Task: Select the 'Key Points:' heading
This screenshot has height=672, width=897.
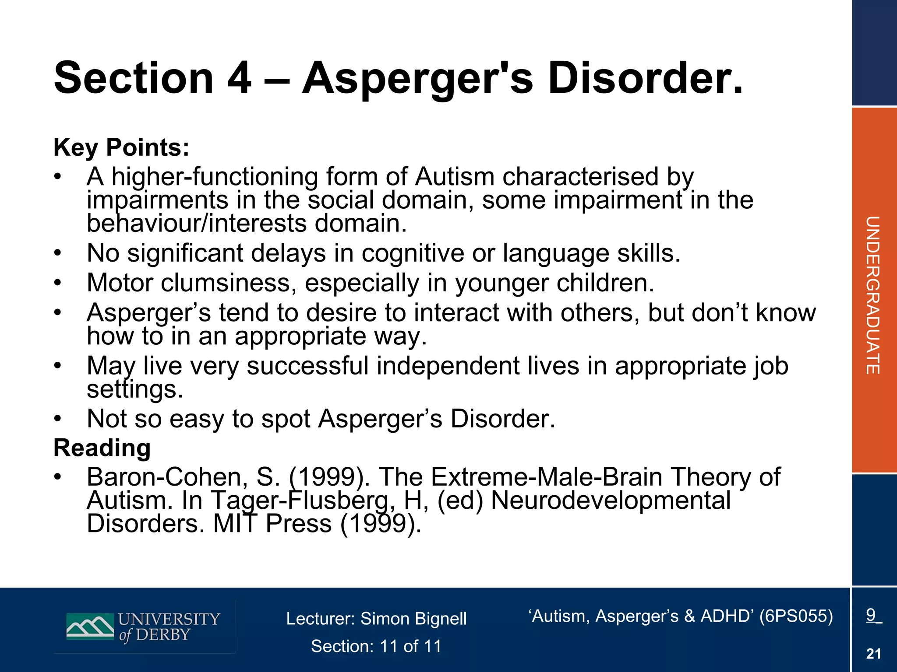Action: click(121, 147)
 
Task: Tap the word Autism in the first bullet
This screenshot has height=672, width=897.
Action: click(454, 177)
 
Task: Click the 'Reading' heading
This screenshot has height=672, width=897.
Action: click(102, 448)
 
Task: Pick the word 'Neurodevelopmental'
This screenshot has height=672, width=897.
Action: click(611, 500)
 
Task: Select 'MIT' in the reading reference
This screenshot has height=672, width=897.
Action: click(234, 524)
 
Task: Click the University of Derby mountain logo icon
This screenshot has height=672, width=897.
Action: click(90, 626)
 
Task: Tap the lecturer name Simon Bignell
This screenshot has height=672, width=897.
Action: click(413, 619)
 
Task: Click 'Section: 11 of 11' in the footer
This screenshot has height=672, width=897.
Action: click(376, 646)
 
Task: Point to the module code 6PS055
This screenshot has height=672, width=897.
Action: click(796, 616)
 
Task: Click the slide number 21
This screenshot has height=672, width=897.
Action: click(873, 654)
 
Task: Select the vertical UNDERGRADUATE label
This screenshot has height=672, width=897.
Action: click(873, 295)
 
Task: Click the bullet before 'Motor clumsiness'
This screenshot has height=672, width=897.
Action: click(57, 283)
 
